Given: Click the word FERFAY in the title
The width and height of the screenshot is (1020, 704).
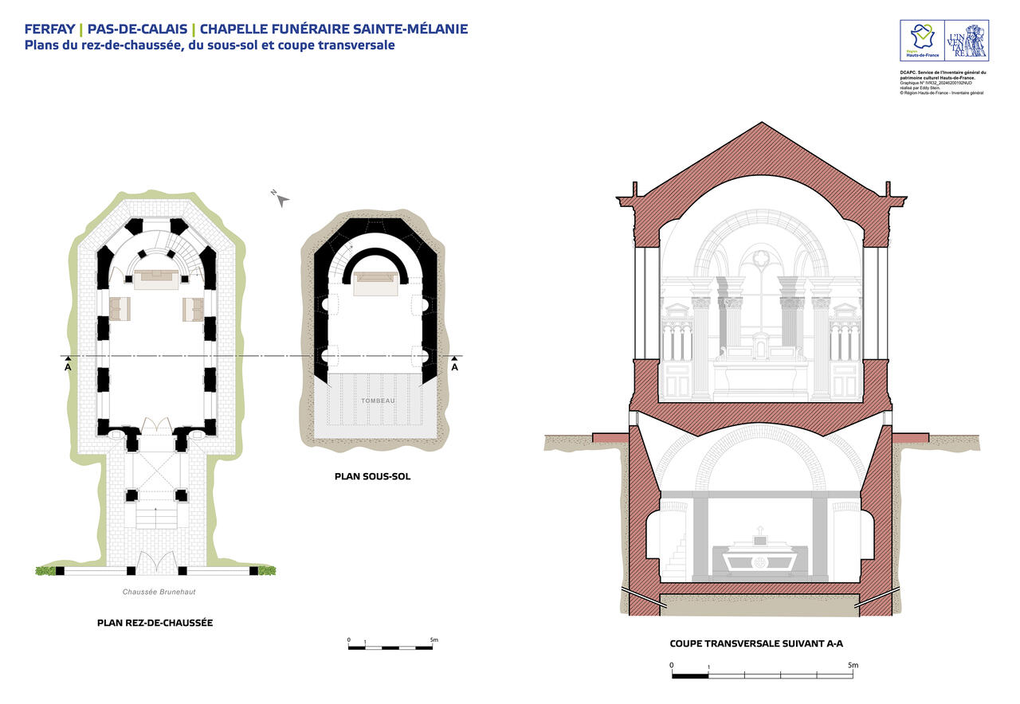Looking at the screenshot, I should tap(49, 29).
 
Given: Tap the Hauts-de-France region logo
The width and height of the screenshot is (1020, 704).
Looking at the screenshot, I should tap(922, 41).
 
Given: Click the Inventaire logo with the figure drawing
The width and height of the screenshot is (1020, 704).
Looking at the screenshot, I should tap(966, 41).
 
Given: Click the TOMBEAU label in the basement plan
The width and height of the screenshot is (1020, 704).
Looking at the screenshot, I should tap(377, 401).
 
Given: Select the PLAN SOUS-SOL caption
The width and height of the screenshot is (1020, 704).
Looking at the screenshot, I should tap(372, 477).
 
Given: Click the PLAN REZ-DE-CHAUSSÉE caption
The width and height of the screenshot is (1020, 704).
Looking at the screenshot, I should tap(155, 622).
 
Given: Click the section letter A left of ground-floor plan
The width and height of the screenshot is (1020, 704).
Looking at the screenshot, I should tap(68, 368).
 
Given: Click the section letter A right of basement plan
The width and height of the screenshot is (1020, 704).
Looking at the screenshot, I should tap(454, 368).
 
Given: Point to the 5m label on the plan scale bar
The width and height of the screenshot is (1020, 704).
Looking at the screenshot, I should tap(433, 639).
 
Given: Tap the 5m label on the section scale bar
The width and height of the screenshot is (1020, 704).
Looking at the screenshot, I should tap(853, 665).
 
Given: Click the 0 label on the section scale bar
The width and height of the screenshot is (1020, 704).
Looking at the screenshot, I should tap(672, 665).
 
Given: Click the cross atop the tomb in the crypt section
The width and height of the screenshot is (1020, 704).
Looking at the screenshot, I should tap(760, 530).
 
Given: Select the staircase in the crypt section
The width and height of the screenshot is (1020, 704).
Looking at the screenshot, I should tap(676, 558).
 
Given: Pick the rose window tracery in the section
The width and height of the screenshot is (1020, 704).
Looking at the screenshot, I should tap(761, 259).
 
